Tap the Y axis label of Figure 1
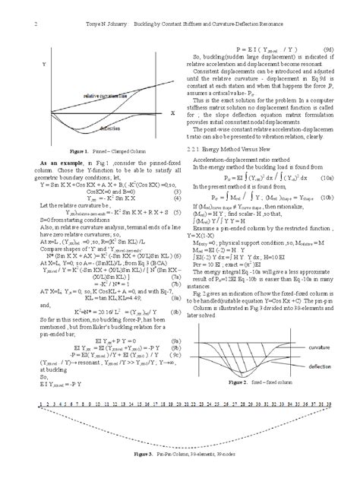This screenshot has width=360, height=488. pyautogui.click(x=43, y=66)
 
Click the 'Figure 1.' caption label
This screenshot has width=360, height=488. pyautogui.click(x=77, y=152)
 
